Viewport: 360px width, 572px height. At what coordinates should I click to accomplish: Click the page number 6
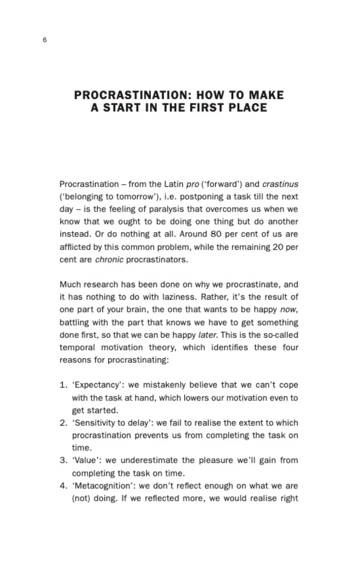pyautogui.click(x=44, y=40)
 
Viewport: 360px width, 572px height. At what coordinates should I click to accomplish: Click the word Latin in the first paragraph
pyautogui.click(x=174, y=184)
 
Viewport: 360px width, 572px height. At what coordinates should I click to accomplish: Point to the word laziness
pyautogui.click(x=180, y=297)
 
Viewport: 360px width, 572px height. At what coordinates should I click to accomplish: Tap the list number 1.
pyautogui.click(x=63, y=385)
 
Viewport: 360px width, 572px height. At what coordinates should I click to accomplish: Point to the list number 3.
pyautogui.click(x=63, y=460)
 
